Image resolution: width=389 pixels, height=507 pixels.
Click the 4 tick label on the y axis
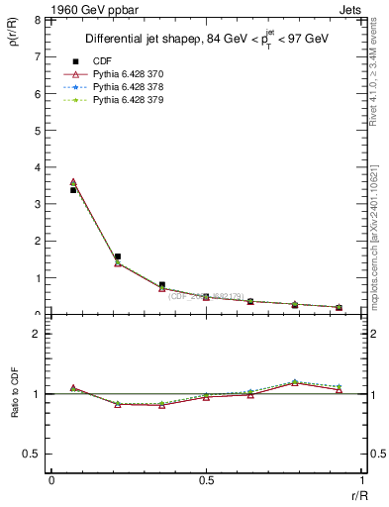click(37, 167)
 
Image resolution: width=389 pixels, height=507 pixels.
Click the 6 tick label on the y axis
click(37, 94)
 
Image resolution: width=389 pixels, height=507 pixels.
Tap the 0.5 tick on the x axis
click(206, 480)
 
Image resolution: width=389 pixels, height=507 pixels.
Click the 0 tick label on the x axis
click(51, 480)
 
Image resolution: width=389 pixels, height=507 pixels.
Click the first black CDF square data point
click(73, 190)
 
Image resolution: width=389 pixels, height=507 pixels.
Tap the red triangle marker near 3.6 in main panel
click(73, 182)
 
